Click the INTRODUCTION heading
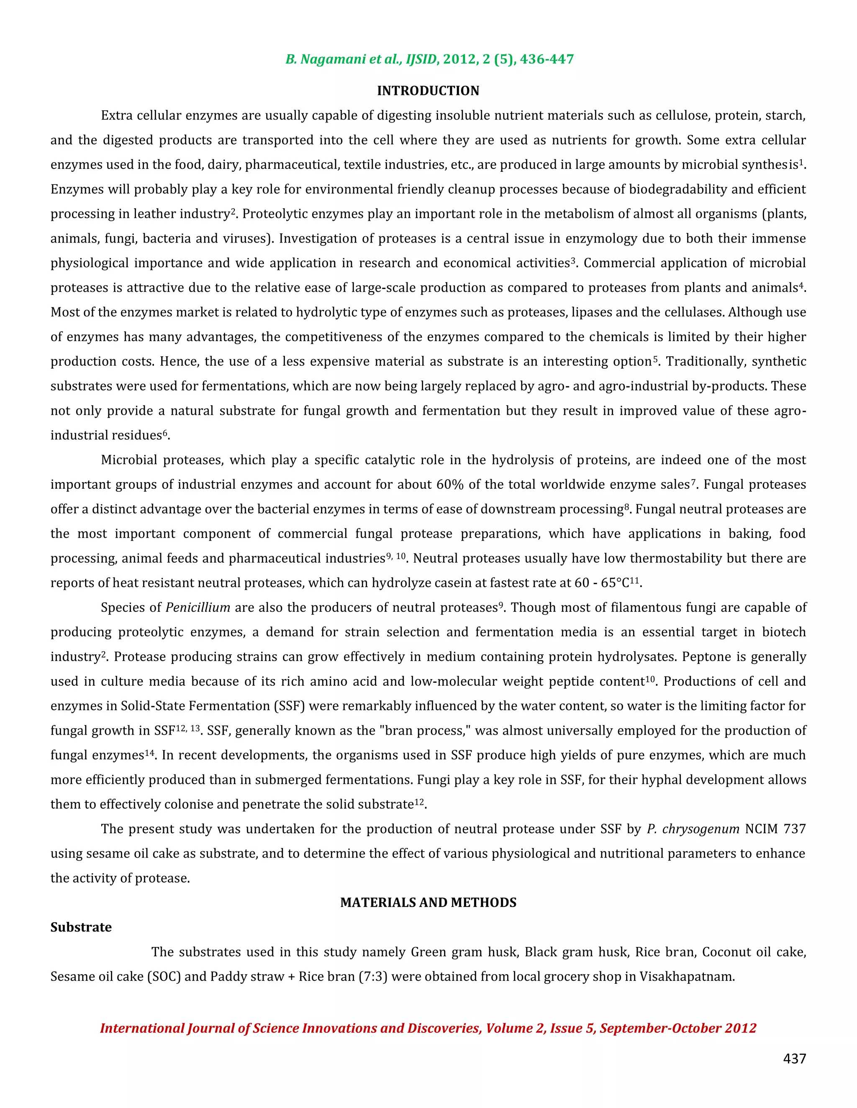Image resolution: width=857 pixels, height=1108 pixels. pos(428,91)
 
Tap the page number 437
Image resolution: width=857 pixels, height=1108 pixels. pos(794,1058)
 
